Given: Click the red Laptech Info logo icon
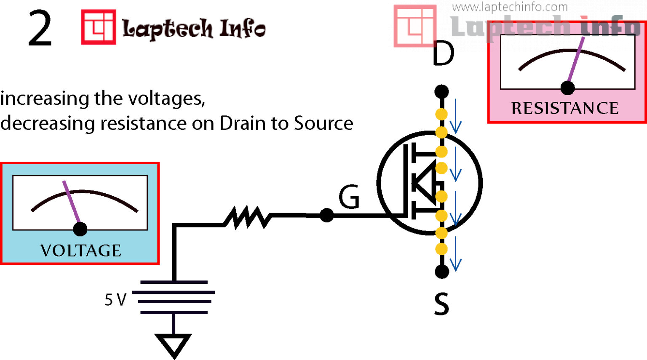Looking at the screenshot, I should pyautogui.click(x=98, y=27).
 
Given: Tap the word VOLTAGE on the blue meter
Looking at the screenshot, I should pyautogui.click(x=81, y=251).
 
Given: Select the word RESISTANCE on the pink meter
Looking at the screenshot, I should pyautogui.click(x=565, y=108).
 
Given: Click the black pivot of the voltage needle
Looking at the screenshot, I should pyautogui.click(x=80, y=229).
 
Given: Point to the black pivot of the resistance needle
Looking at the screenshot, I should pyautogui.click(x=568, y=88).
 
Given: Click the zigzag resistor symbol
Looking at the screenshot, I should pyautogui.click(x=247, y=217).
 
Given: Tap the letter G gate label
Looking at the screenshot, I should pyautogui.click(x=349, y=197).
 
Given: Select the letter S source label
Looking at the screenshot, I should pyautogui.click(x=441, y=304).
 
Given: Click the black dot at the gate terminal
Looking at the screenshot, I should pyautogui.click(x=326, y=215).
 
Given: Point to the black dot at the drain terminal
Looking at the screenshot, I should pyautogui.click(x=441, y=91).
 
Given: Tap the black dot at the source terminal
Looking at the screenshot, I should pyautogui.click(x=441, y=272).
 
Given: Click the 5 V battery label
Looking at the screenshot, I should pyautogui.click(x=115, y=300).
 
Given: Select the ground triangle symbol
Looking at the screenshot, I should pyautogui.click(x=174, y=344).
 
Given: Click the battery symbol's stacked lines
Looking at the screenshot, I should pyautogui.click(x=174, y=297).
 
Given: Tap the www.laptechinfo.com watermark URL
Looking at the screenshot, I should pyautogui.click(x=510, y=7).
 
